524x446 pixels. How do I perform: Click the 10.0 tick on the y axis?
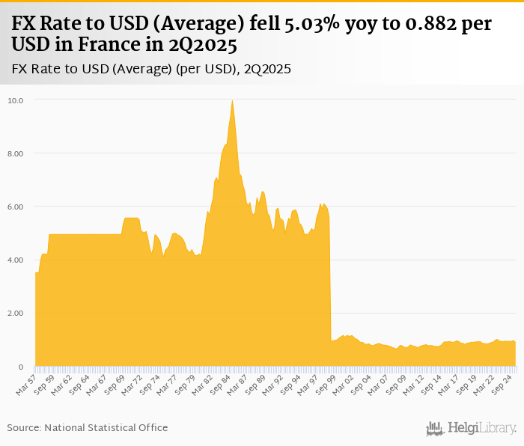16,100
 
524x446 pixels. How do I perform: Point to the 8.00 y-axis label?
16,153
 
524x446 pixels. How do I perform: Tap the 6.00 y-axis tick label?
16,207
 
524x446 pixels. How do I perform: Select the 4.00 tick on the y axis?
16,260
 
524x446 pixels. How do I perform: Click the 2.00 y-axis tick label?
16,313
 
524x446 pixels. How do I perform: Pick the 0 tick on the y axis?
22,367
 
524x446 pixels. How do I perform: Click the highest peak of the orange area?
232,101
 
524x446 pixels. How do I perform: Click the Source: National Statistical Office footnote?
88,427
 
